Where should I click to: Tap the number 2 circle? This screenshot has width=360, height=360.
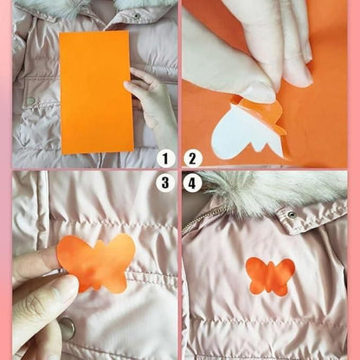click(193, 158)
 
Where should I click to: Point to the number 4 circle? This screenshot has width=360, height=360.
click(193, 183)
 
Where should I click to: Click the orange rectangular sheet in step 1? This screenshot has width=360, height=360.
click(96, 91)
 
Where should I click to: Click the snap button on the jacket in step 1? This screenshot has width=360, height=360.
click(32, 102)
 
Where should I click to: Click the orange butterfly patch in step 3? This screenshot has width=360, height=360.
click(98, 261)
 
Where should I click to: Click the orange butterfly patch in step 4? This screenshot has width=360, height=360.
click(271, 276)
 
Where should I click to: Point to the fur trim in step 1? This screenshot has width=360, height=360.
click(52, 8)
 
